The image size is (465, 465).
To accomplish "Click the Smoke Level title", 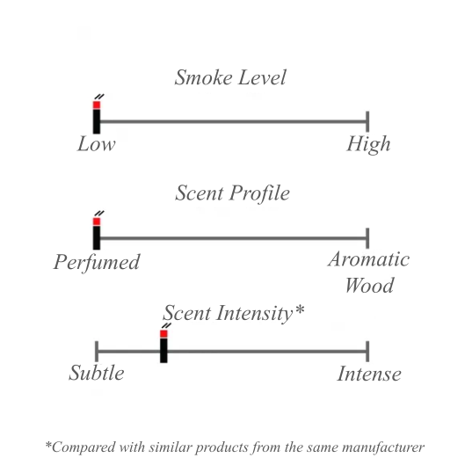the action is coord(230,77).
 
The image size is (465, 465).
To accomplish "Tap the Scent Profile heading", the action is coord(232,193).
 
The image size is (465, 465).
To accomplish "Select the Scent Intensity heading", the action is coord(234,313).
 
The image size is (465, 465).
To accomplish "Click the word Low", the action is coord(97,144).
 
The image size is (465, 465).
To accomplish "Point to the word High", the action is coord(368,145).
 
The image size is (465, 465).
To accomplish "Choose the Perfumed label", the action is coord(97,263).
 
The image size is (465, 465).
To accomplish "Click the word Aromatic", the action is coord(369,259).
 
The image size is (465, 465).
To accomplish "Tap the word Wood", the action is coord(369,285).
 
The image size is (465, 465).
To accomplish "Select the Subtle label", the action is coord(97,373).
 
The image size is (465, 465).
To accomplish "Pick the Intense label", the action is coord(369,374).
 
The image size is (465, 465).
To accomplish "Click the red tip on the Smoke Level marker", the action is coord(97,105).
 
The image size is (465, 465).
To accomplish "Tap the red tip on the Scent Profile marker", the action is coord(97,222).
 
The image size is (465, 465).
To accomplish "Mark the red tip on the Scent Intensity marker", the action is coord(163,334).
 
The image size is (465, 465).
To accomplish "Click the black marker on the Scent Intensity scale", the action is coord(163,351).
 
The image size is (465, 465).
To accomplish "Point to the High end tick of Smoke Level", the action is coord(367,121).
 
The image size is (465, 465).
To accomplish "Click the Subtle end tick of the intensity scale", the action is coord(97,352).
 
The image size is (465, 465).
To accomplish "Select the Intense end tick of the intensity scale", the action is coord(367,352).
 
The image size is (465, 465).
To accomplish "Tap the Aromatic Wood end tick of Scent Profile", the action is coord(367,238).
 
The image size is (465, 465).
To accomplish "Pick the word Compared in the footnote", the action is coord(81,447).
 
